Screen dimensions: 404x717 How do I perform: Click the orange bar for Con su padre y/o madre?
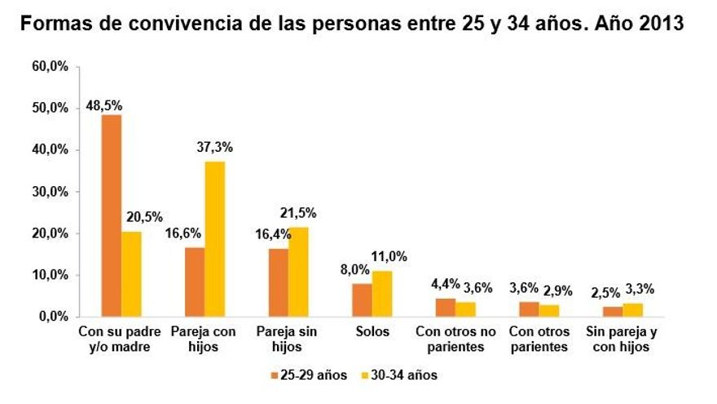click(x=111, y=215)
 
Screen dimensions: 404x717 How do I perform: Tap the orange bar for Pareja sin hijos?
click(x=279, y=282)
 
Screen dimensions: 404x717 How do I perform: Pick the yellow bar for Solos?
click(x=381, y=294)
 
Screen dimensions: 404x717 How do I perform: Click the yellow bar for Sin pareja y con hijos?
click(x=632, y=310)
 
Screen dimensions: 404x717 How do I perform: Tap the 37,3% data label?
click(x=216, y=148)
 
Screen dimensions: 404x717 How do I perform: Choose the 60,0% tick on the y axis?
click(x=51, y=66)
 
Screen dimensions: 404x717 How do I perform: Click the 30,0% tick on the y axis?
click(x=51, y=192)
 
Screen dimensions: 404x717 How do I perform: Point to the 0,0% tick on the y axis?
click(x=54, y=317)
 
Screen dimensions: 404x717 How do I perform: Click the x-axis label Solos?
click(x=372, y=332)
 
